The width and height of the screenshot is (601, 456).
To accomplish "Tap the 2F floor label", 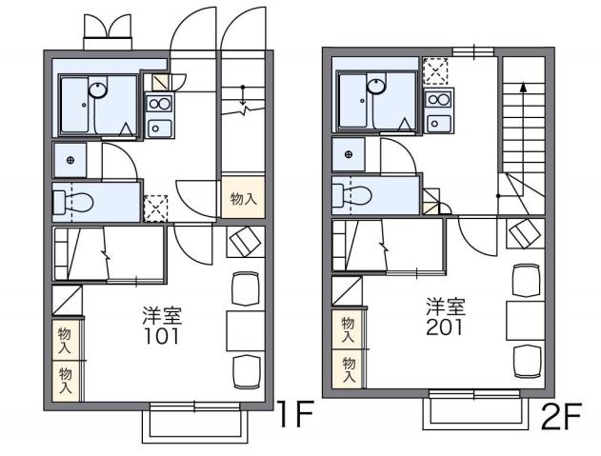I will click(563, 415).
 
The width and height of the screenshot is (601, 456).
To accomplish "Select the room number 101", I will click(162, 336).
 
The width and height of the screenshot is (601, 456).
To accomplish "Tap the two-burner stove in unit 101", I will click(159, 104).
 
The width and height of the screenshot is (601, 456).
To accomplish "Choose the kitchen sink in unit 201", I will click(439, 122).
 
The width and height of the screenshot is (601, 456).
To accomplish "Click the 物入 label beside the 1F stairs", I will click(243, 200).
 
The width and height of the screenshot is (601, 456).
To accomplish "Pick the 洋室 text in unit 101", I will click(162, 315).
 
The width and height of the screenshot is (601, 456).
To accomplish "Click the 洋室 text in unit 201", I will click(445, 307).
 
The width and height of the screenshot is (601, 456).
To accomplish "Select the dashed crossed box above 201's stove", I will click(435, 70).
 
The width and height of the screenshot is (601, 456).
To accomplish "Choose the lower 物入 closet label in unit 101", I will click(66, 379).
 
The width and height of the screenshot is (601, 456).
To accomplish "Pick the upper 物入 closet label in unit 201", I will click(348, 330).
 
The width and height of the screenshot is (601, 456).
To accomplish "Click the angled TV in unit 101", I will click(245, 242).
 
